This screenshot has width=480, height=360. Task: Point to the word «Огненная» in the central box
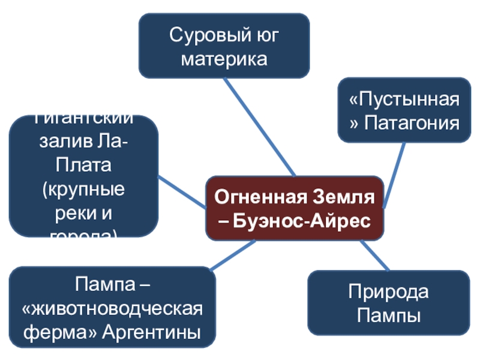(251, 196)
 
